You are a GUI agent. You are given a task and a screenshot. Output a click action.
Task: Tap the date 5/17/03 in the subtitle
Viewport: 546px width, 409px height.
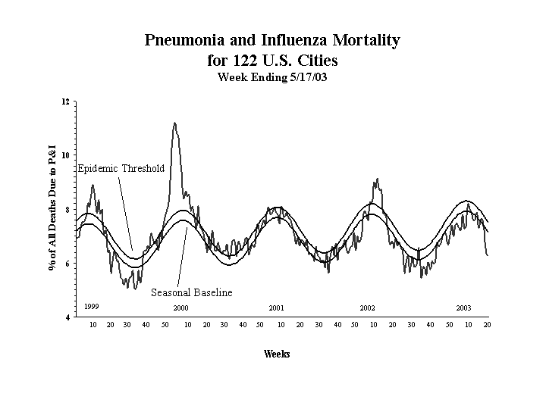306,77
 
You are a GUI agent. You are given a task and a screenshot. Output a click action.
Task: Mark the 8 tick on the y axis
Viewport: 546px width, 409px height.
67,210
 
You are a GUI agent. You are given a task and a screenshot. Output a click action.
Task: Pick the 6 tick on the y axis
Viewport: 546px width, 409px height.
67,264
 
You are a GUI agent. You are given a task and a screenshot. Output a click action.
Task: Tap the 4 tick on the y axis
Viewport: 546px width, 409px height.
67,317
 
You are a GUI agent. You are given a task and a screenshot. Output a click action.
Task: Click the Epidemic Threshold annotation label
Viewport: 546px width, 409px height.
121,168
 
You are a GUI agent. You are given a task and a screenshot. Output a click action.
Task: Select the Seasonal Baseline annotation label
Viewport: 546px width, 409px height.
192,292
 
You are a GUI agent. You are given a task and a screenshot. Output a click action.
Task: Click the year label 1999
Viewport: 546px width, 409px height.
91,305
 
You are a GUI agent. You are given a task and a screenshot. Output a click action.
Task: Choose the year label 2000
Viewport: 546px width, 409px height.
180,308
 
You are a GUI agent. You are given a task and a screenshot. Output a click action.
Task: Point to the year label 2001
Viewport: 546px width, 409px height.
276,308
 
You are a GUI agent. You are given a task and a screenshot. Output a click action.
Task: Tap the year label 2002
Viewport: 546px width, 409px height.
368,308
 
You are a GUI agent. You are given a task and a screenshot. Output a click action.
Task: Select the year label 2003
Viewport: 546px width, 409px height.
463,308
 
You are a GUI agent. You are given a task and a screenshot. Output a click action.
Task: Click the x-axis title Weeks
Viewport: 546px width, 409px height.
277,354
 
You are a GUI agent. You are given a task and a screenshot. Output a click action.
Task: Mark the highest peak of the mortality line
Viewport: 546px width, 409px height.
175,123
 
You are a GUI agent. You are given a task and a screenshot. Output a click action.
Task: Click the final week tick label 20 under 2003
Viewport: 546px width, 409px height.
488,325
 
